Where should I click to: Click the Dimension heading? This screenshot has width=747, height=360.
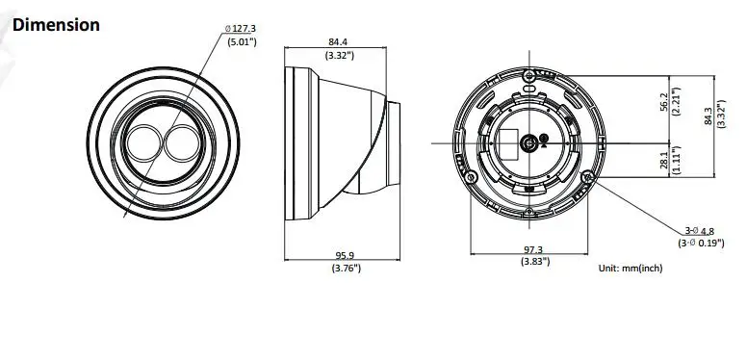click(x=56, y=25)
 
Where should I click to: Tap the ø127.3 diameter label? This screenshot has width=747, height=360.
click(x=241, y=29)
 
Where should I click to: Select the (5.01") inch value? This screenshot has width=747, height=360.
click(x=242, y=42)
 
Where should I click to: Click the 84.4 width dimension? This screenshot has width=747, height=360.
click(x=338, y=42)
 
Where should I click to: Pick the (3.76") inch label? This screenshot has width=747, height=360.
click(x=347, y=269)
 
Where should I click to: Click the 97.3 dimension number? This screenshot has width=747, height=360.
click(x=533, y=249)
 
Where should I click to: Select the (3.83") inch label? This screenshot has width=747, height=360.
click(x=535, y=262)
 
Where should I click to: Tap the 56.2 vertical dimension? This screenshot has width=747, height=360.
click(x=664, y=102)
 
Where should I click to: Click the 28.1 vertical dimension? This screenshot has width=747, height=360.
click(x=664, y=160)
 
